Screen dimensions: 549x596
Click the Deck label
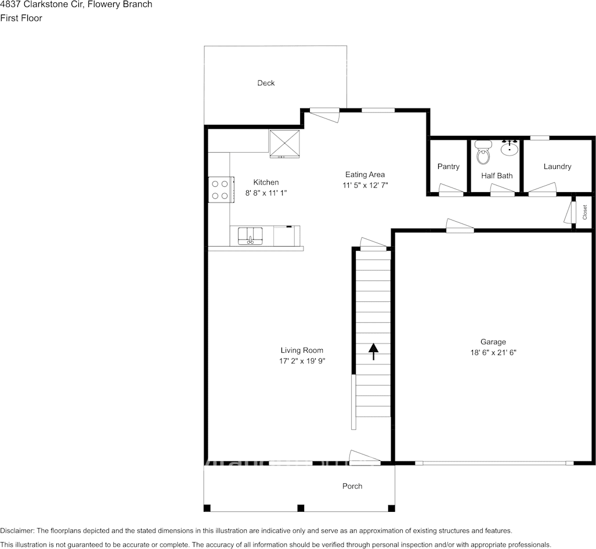pyautogui.click(x=266, y=83)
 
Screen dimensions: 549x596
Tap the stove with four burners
pyautogui.click(x=221, y=190)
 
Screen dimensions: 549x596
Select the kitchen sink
pyautogui.click(x=251, y=236)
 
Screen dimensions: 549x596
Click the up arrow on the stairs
pyautogui.click(x=373, y=351)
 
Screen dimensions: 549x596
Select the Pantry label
pyautogui.click(x=448, y=167)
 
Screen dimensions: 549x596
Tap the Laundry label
pyautogui.click(x=557, y=167)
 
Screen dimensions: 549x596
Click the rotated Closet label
pyautogui.click(x=585, y=212)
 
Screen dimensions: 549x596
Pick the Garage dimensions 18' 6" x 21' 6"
pyautogui.click(x=493, y=352)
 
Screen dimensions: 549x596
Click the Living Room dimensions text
pyautogui.click(x=302, y=361)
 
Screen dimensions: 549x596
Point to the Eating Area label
pyautogui.click(x=365, y=175)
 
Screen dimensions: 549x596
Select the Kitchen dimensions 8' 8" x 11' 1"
pyautogui.click(x=266, y=193)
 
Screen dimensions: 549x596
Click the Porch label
pyautogui.click(x=352, y=486)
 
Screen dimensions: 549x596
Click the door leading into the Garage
pyautogui.click(x=460, y=226)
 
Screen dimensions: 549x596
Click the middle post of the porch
pyautogui.click(x=301, y=508)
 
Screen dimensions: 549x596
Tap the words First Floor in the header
pyautogui.click(x=21, y=18)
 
